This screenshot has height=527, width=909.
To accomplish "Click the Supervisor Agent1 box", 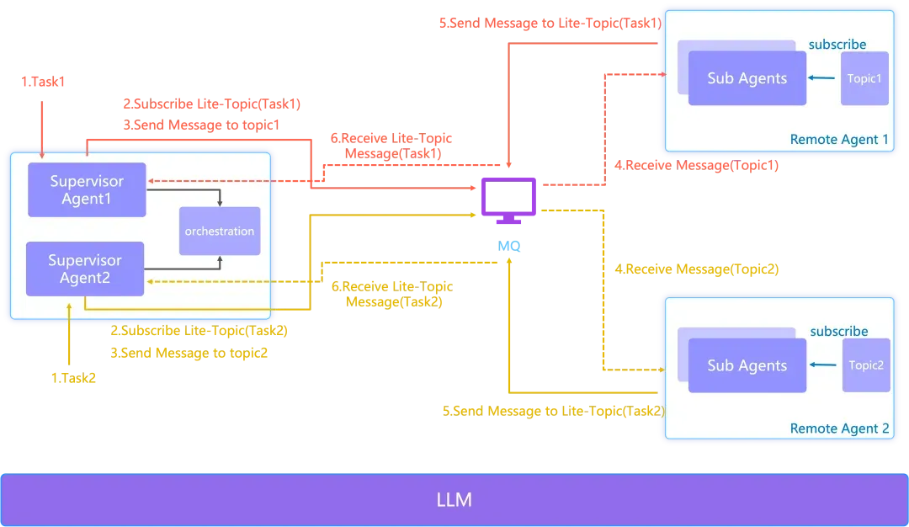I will pyautogui.click(x=87, y=189).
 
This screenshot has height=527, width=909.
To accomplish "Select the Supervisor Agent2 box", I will pyautogui.click(x=85, y=269).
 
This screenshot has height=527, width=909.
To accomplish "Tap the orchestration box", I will pyautogui.click(x=220, y=231).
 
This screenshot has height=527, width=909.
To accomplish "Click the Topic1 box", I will pyautogui.click(x=864, y=78).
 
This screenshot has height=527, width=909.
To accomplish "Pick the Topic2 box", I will pyautogui.click(x=866, y=365).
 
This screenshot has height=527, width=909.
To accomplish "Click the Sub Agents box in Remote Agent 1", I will pyautogui.click(x=747, y=78).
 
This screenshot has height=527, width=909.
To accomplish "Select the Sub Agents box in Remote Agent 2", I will pyautogui.click(x=747, y=365).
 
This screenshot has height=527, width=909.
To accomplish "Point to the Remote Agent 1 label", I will pyautogui.click(x=839, y=140).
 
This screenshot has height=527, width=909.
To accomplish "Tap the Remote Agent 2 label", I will pyautogui.click(x=839, y=429).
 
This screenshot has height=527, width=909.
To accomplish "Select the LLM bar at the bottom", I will pyautogui.click(x=454, y=499).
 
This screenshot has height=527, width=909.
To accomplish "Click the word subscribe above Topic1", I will pyautogui.click(x=837, y=44).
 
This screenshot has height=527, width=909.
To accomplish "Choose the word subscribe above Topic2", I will pyautogui.click(x=838, y=332).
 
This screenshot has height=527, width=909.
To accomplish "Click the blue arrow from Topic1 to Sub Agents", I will pyautogui.click(x=823, y=78).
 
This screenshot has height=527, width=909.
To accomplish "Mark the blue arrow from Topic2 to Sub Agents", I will pyautogui.click(x=825, y=365).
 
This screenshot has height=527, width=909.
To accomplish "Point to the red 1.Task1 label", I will pyautogui.click(x=42, y=82).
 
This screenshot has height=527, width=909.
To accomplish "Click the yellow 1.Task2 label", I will pyautogui.click(x=76, y=378).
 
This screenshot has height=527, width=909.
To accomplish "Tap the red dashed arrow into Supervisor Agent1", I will pyautogui.click(x=210, y=179).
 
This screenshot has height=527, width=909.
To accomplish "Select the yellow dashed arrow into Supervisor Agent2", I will pyautogui.click(x=210, y=281).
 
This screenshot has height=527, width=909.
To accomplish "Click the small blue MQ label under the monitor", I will pyautogui.click(x=509, y=245).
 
